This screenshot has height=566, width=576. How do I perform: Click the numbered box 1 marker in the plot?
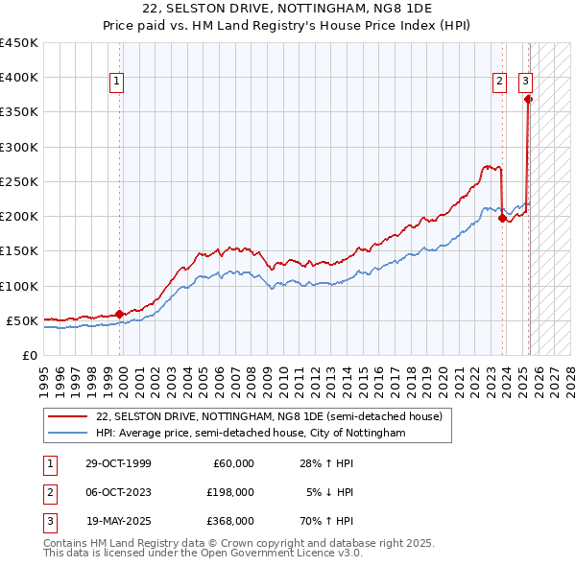tap(116, 83)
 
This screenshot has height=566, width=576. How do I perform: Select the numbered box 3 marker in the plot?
tap(527, 83)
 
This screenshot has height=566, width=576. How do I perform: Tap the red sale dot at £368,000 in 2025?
tap(528, 99)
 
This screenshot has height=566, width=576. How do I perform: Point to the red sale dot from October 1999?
tap(119, 313)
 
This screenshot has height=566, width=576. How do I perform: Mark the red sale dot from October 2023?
tap(502, 218)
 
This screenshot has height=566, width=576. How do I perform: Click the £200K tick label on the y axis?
tap(18, 216)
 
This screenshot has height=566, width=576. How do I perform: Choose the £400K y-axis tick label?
tap(18, 78)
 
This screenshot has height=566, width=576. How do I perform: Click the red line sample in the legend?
tap(66, 416)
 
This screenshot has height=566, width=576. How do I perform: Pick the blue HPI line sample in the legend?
tap(66, 434)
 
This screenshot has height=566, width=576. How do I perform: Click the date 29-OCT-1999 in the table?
tap(118, 463)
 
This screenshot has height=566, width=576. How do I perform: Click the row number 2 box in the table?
tap(48, 492)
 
